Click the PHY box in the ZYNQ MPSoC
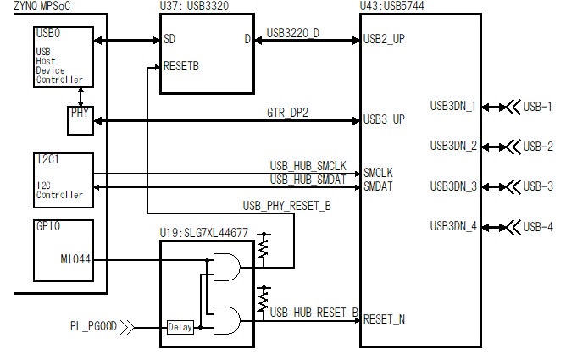[79, 119]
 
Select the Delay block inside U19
[180, 327]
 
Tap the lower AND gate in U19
[226, 318]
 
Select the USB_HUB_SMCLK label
[308, 165]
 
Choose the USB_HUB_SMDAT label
[308, 180]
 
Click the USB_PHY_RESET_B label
[287, 205]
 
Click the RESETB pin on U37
[181, 64]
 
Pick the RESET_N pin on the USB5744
[384, 319]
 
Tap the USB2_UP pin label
[384, 39]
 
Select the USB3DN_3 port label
[452, 186]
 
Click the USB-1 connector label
[538, 107]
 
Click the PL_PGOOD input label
[92, 325]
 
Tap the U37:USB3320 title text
[194, 6]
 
